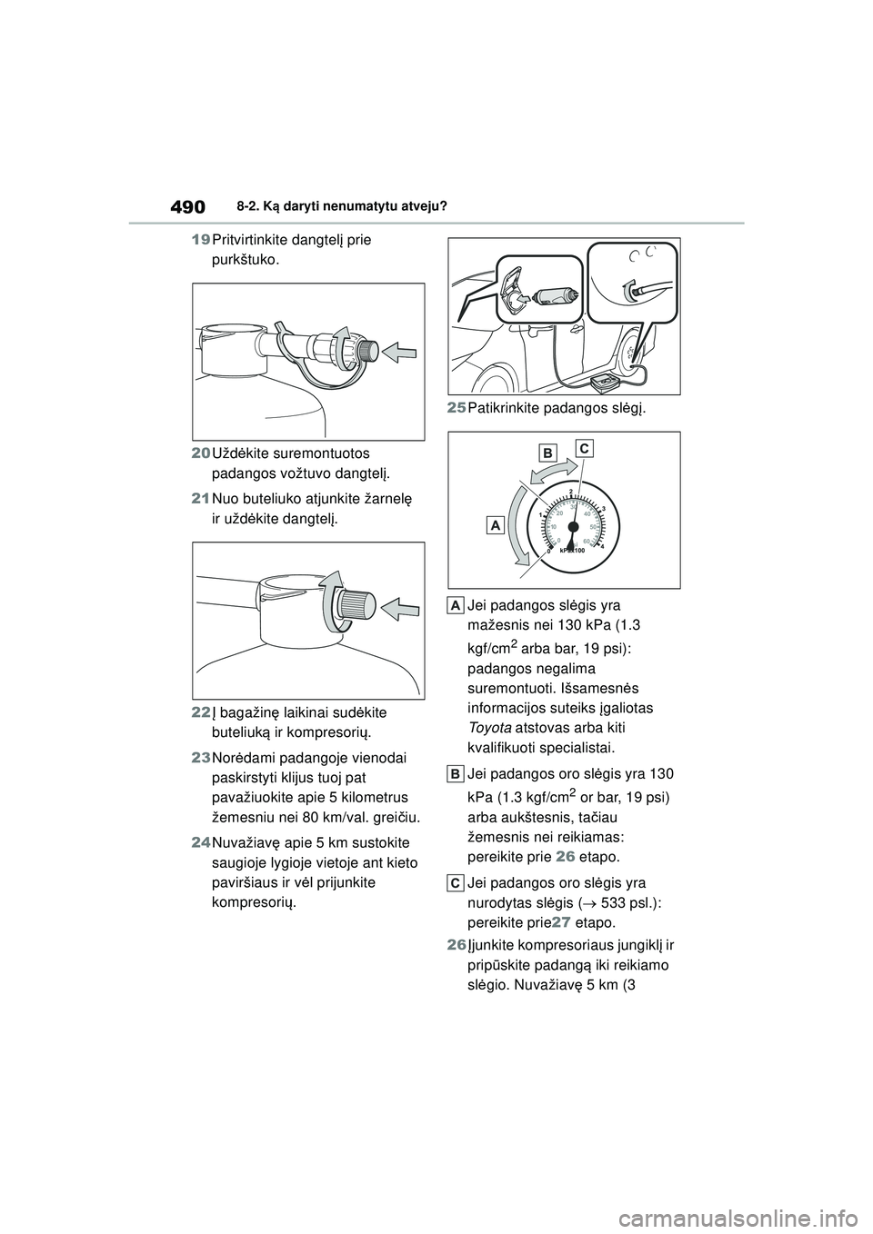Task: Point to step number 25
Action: [x=457, y=410]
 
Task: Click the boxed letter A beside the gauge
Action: [x=495, y=525]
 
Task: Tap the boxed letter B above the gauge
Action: [x=547, y=452]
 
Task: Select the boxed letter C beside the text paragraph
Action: [x=457, y=882]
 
